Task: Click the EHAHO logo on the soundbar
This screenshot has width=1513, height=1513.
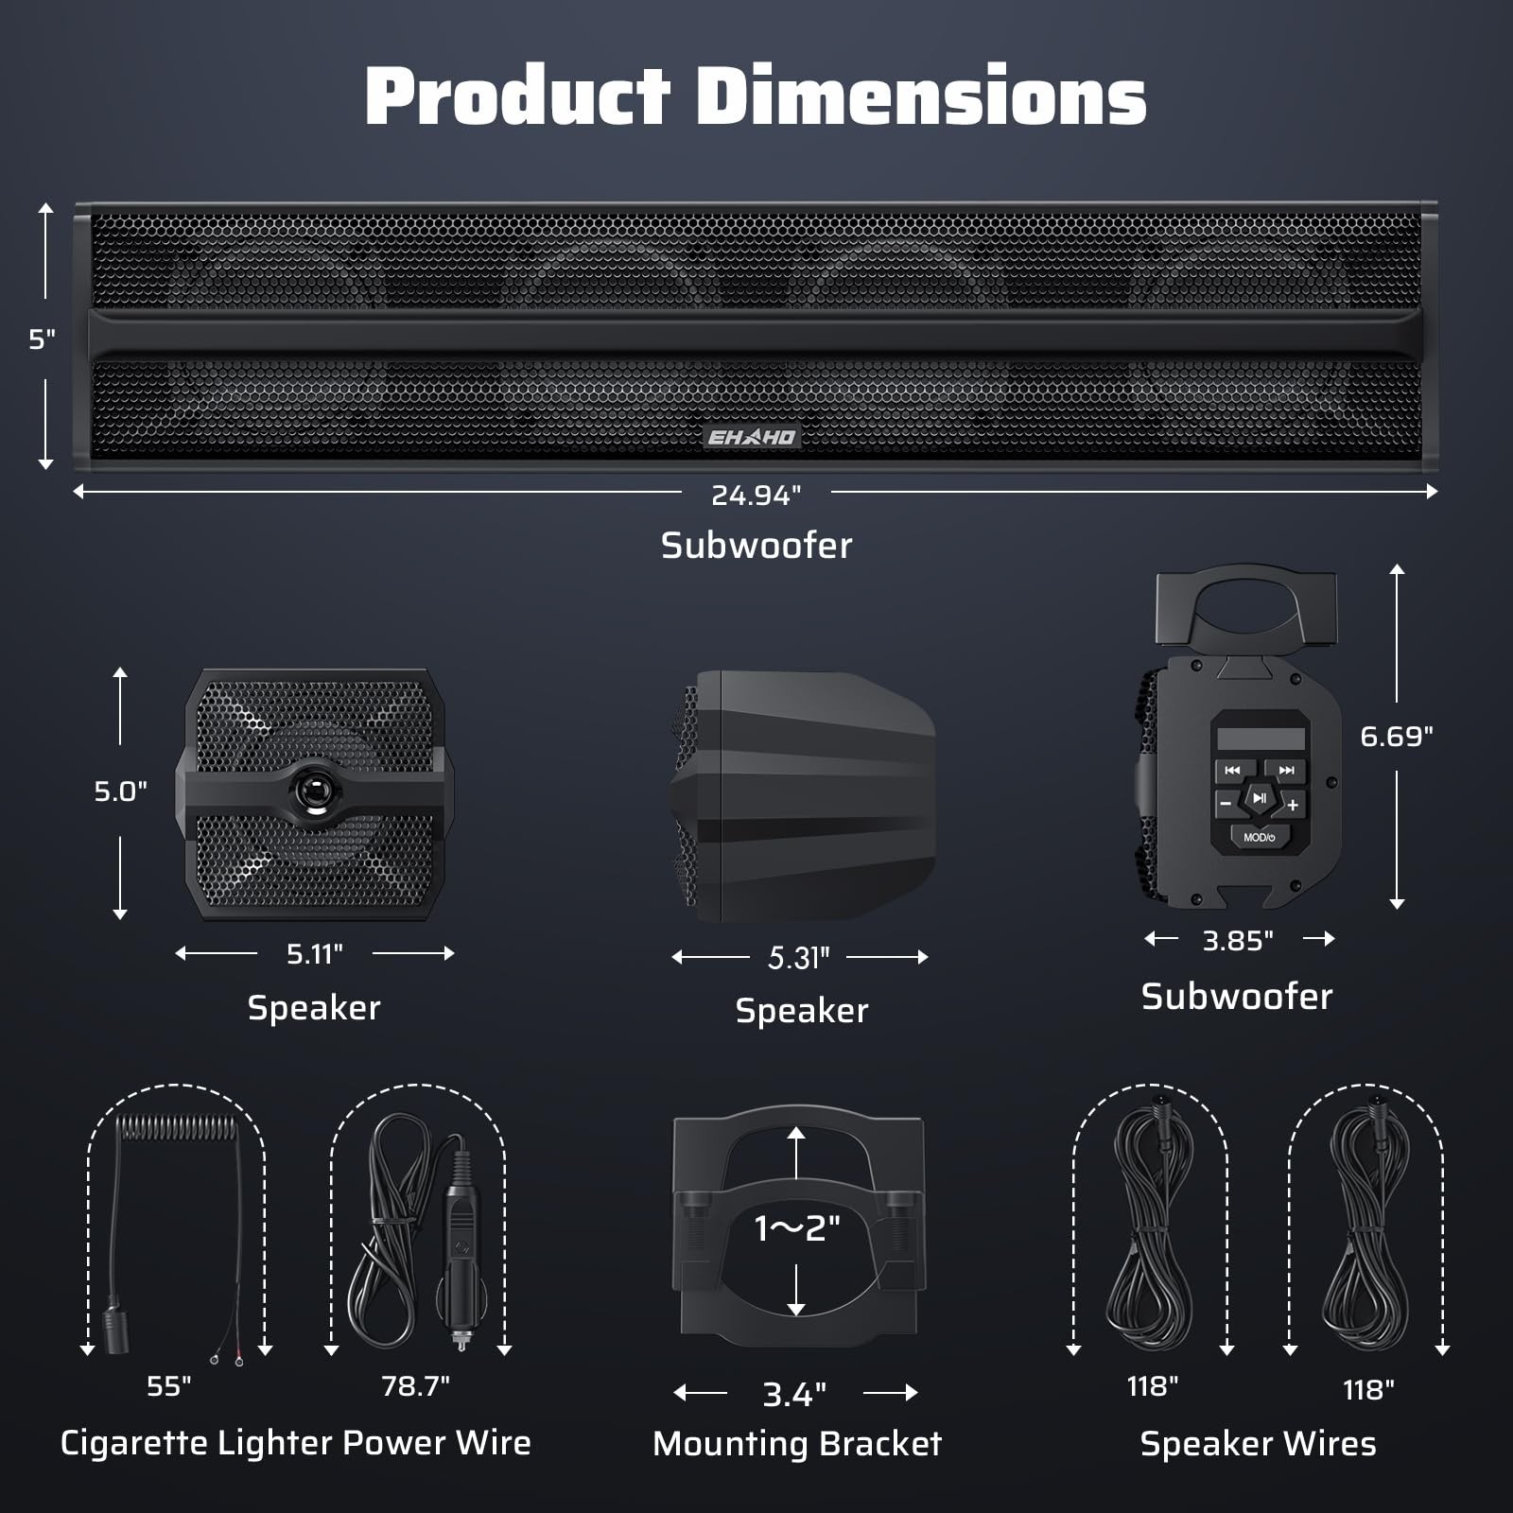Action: (x=752, y=437)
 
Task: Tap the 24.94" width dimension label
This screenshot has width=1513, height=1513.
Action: (x=756, y=495)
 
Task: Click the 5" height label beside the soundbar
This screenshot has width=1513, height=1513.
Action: (x=42, y=339)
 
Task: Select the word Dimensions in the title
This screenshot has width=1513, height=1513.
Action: (x=921, y=96)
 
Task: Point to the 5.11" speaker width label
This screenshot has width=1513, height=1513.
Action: (x=314, y=954)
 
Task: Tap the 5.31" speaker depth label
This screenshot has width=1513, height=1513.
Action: (x=799, y=958)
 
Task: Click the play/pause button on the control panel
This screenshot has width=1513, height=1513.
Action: (x=1260, y=799)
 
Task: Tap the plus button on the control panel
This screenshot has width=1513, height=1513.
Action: (x=1293, y=805)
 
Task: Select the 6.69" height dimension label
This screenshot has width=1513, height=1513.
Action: (x=1396, y=737)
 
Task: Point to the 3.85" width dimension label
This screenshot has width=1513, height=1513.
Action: (x=1238, y=941)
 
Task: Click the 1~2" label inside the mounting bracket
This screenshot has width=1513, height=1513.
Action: (x=797, y=1228)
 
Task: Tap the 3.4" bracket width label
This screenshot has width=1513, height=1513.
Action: (x=794, y=1394)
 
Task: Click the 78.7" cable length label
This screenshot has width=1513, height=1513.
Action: (x=415, y=1386)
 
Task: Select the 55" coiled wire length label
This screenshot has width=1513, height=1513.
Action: (x=168, y=1386)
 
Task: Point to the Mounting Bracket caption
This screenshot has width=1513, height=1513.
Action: (x=797, y=1444)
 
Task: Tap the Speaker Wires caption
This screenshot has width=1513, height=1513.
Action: (x=1258, y=1444)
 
